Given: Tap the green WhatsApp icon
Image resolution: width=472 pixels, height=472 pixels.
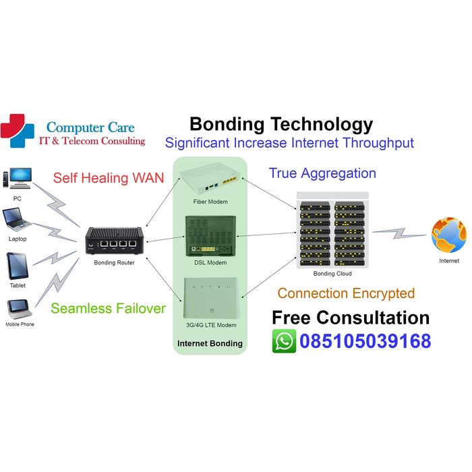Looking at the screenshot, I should (x=284, y=341).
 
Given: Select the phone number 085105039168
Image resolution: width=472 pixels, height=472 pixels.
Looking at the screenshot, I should (x=365, y=341).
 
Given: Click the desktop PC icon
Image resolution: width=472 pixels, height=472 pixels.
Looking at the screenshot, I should (x=17, y=179).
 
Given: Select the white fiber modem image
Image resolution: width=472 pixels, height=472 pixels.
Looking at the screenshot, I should (x=210, y=181).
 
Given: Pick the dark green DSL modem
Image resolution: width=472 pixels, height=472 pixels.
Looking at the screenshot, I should (x=209, y=236).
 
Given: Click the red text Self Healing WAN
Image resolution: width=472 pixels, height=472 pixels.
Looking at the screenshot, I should (x=109, y=178).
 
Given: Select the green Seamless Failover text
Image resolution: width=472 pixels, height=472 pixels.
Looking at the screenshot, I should (x=108, y=308).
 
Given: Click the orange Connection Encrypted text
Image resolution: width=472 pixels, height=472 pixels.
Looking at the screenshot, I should (x=346, y=293).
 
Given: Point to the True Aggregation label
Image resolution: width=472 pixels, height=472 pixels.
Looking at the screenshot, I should (x=322, y=173).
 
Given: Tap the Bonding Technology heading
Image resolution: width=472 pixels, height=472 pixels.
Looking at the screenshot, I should (x=281, y=124).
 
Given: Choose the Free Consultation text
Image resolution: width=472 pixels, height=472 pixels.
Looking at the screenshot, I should (x=350, y=318).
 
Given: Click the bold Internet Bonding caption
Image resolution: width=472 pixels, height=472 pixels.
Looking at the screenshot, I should (x=210, y=343).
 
